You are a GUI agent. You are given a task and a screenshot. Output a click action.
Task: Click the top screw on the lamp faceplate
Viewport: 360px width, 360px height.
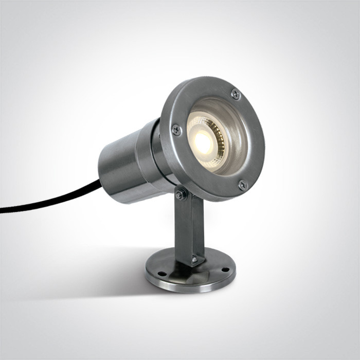pyautogui.click(x=236, y=94)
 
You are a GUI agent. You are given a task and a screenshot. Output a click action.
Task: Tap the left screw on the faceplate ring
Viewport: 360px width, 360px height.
pyautogui.click(x=176, y=130)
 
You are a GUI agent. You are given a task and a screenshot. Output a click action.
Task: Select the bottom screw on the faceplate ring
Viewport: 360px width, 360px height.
pyautogui.click(x=243, y=185)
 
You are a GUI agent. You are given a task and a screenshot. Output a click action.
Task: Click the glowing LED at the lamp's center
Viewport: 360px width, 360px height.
pyautogui.click(x=204, y=143)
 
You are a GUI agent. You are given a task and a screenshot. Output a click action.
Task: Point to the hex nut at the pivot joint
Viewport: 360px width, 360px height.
pyautogui.click(x=181, y=194)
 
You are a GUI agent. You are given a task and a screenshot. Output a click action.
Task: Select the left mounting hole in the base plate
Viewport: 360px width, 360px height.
pyautogui.click(x=161, y=273)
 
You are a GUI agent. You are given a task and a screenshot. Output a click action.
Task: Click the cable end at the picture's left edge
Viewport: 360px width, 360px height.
pyautogui.click(x=3, y=210)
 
